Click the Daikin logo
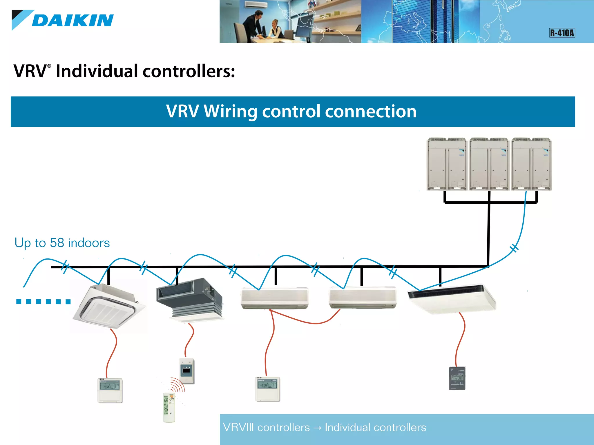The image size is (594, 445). (x=63, y=20)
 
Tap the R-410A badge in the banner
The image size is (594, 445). (x=562, y=33)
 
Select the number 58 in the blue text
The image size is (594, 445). (x=57, y=243)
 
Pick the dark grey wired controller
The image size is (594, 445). (x=457, y=378)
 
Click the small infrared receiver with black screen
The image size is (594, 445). (x=186, y=371)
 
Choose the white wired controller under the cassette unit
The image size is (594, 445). (x=110, y=390)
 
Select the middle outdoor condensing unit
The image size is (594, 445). (x=489, y=164)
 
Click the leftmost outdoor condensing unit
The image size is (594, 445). (x=446, y=164)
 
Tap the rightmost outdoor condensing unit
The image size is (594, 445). (x=531, y=164)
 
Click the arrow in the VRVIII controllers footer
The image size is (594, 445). (x=317, y=428)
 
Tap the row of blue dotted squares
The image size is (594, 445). (x=44, y=302)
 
